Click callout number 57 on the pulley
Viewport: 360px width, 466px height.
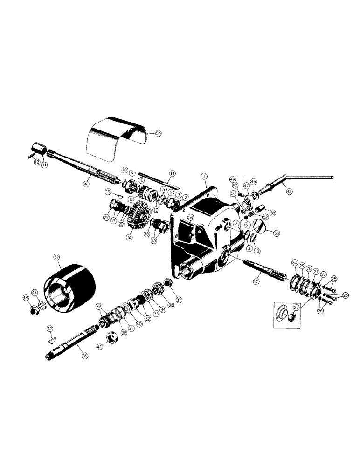click(57, 257)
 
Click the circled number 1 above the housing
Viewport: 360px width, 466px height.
click(204, 176)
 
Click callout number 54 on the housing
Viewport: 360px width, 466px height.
click(190, 217)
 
